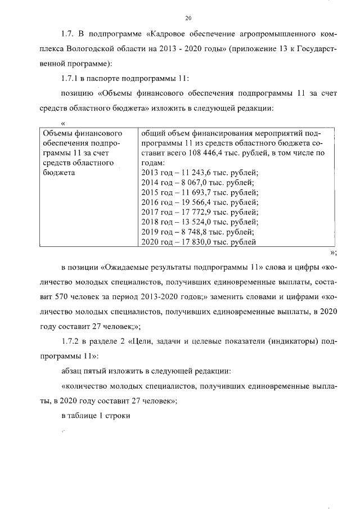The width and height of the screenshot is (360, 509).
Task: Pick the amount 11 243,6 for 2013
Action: tap(193, 172)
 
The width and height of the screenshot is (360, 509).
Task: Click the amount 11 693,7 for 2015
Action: tap(193, 192)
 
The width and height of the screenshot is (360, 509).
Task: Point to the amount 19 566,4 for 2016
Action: tap(193, 202)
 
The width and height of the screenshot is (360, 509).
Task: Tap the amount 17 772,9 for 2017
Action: tap(193, 213)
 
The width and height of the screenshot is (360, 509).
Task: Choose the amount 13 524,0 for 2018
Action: tap(193, 223)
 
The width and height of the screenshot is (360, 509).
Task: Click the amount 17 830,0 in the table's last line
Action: tap(193, 243)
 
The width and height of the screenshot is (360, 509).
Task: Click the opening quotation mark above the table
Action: tap(64, 123)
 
